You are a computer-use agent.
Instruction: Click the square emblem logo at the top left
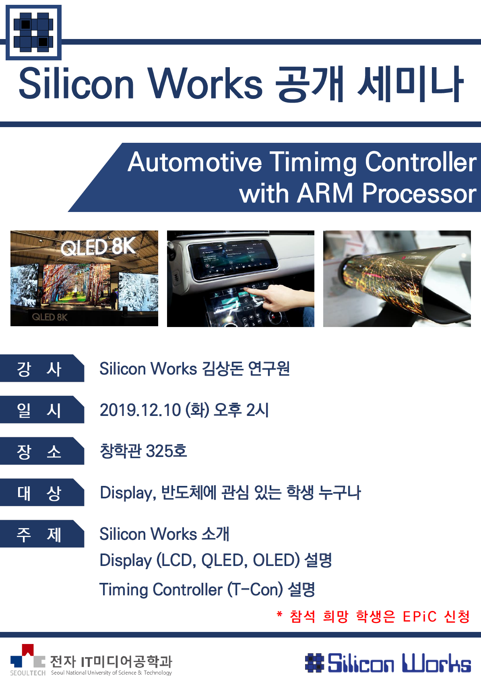pos(33,33)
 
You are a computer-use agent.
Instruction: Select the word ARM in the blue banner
pos(324,193)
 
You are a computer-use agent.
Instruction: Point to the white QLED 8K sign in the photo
pos(98,247)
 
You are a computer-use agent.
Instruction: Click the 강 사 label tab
pos(42,368)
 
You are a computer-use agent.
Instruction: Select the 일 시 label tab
pos(42,409)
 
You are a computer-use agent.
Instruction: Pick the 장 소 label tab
pos(42,451)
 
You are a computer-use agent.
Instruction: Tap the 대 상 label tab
pos(42,492)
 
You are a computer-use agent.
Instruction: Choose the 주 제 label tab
pos(42,533)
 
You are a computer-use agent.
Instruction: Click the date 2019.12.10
pos(140,410)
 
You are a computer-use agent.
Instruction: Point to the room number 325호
pos(166,451)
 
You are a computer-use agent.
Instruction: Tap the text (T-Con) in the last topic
pos(255,590)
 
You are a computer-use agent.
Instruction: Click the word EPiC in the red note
pos(419,617)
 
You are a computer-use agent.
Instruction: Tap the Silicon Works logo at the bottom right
pos(388,663)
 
